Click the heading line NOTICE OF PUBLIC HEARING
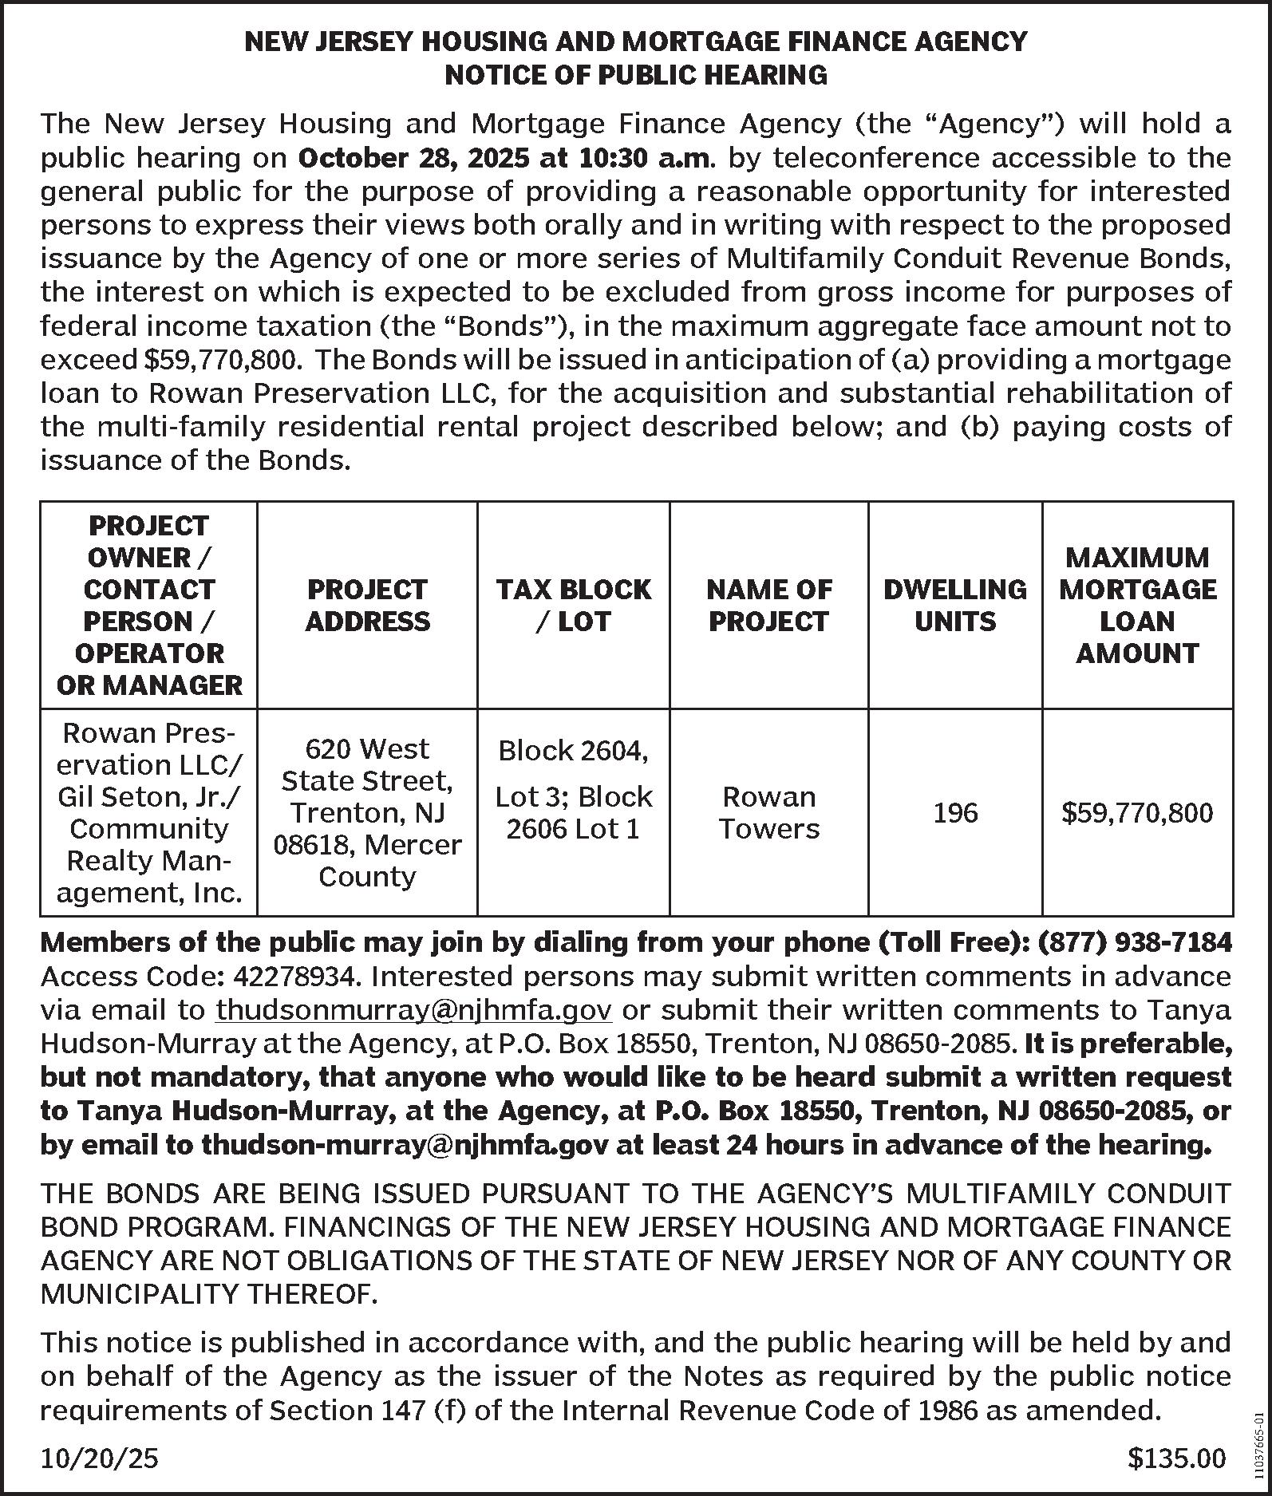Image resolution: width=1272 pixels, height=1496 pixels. click(x=635, y=75)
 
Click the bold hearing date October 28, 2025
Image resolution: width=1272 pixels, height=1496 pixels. click(x=412, y=158)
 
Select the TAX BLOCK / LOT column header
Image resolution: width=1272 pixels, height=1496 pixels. click(x=573, y=605)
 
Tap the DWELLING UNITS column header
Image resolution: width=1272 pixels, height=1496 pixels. click(x=954, y=605)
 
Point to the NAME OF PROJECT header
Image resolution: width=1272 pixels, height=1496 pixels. click(x=768, y=605)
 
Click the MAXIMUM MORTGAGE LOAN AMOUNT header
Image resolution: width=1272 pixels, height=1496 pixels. click(x=1137, y=605)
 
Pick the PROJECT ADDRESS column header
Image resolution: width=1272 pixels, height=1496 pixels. click(x=367, y=605)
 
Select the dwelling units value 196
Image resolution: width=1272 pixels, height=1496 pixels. click(x=954, y=812)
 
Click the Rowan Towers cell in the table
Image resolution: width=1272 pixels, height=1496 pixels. click(x=768, y=812)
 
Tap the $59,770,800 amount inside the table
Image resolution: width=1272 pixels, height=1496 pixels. click(x=1137, y=812)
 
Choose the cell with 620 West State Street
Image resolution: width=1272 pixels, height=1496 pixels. click(x=367, y=812)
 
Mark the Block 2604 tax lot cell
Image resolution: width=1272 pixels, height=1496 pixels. click(x=573, y=789)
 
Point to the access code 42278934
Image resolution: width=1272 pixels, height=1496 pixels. click(x=293, y=976)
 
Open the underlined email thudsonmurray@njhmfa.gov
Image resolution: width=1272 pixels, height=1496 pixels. click(x=414, y=1010)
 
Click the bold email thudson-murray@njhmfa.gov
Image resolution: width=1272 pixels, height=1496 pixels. click(x=406, y=1145)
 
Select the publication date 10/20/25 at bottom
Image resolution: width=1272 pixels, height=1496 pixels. click(x=100, y=1459)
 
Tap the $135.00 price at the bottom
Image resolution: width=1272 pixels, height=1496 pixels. click(x=1176, y=1459)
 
